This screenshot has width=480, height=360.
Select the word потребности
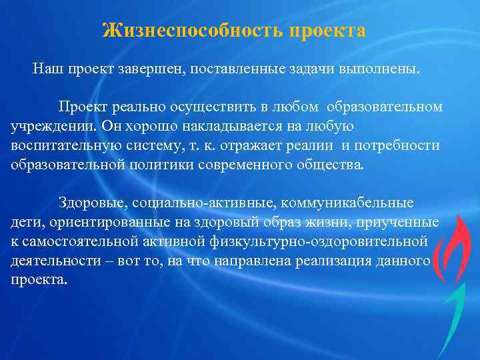click(404, 145)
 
